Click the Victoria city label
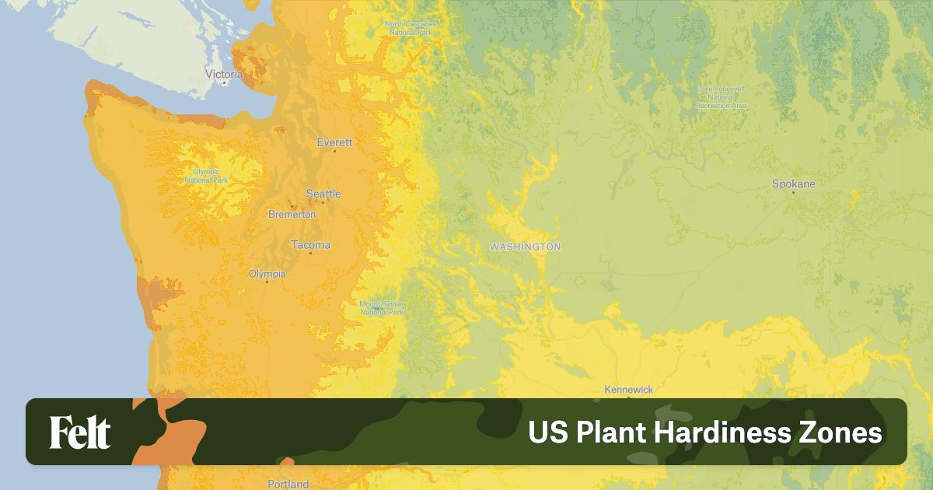224,74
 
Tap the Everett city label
334,142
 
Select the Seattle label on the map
323,194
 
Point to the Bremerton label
292,214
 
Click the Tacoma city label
310,245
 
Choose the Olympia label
267,274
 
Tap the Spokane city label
793,184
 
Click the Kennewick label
629,390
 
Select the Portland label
288,484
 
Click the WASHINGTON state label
525,247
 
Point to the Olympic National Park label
206,176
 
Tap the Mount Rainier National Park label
382,308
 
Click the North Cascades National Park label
411,28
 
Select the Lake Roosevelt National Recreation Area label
722,97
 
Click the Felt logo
79,432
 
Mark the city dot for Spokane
793,192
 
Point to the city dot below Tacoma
310,253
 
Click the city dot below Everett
334,151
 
